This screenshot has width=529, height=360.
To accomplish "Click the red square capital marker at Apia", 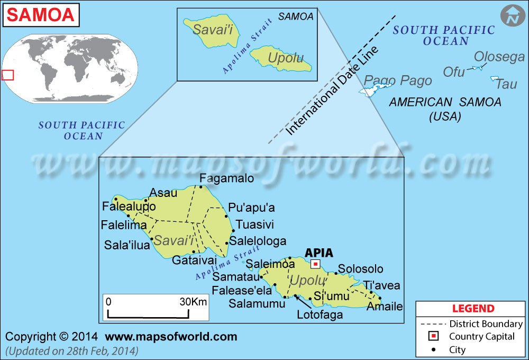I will point(315,264).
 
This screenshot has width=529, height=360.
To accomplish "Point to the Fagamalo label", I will point(226,179).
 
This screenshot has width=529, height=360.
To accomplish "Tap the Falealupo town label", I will point(129,206).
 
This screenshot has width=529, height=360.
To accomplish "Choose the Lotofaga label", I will point(320,315).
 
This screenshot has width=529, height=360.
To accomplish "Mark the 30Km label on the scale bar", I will point(193,302).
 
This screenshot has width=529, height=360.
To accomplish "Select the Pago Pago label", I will point(398,81).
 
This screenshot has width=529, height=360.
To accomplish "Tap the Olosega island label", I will point(499,57).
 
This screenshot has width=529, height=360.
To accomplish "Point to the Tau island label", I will point(507,84).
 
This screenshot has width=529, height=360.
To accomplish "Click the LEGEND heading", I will point(473,309).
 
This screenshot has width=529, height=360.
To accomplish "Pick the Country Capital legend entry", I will point(481,337).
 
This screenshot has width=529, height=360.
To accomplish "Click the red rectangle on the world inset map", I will point(7,75).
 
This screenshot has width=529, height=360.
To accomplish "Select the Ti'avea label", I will point(381,285).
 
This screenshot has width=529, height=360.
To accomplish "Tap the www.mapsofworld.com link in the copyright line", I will point(171,337).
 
